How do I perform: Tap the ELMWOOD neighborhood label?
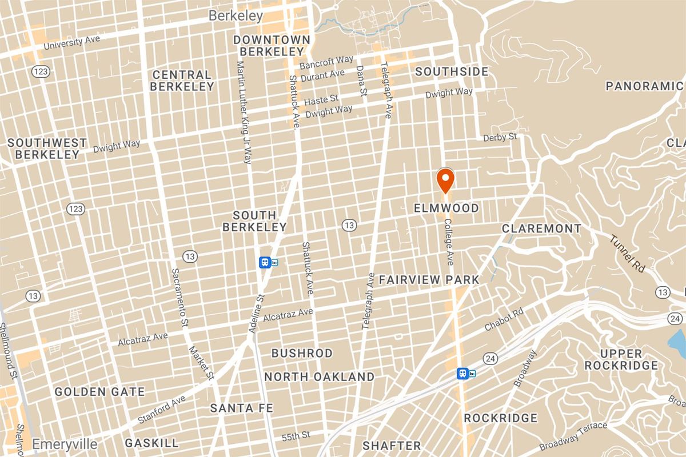pyautogui.click(x=446, y=208)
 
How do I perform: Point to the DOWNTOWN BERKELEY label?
pyautogui.click(x=272, y=46)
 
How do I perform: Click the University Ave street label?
pyautogui.click(x=71, y=42)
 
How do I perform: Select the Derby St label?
pyautogui.click(x=500, y=137)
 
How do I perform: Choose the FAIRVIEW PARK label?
pyautogui.click(x=429, y=279)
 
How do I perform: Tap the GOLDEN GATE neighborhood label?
pyautogui.click(x=99, y=392)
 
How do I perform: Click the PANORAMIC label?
pyautogui.click(x=644, y=86)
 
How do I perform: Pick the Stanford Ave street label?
pyautogui.click(x=161, y=409)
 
